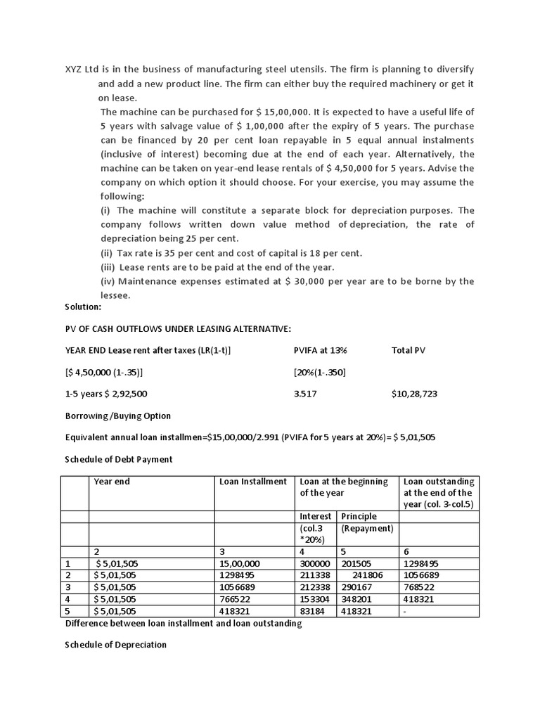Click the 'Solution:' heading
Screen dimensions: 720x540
[83, 307]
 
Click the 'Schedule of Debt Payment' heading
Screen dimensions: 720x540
[118, 459]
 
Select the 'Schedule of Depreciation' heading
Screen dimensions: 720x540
[115, 644]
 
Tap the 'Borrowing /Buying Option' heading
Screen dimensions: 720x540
[117, 416]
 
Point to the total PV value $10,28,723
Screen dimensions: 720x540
[414, 394]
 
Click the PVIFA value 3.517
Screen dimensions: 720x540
[305, 394]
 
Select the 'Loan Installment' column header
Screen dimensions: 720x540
[253, 482]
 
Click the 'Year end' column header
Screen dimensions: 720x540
[112, 482]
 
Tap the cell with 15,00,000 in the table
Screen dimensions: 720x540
[240, 564]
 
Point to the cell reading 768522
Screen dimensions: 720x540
[419, 587]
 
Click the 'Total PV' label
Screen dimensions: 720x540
[408, 350]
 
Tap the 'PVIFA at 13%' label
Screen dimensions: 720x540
[320, 350]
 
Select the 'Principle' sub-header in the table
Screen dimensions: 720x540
[359, 516]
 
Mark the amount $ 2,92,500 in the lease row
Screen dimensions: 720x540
[125, 394]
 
